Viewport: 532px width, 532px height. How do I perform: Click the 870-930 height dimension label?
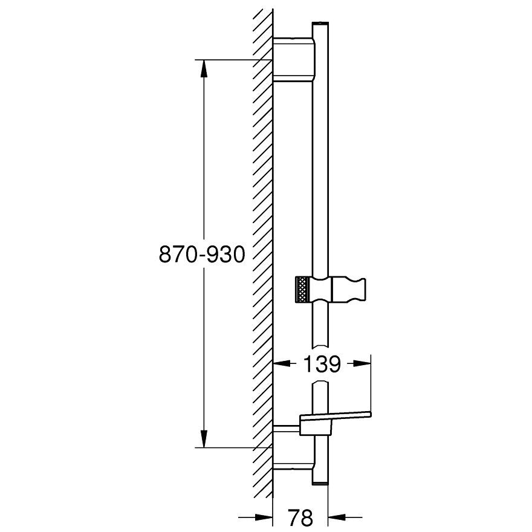(x=201, y=254)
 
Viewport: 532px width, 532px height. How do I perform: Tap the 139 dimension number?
(x=321, y=364)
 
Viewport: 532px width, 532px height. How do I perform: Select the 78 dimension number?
(x=300, y=517)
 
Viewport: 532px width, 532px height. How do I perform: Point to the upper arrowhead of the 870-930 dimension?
(x=204, y=69)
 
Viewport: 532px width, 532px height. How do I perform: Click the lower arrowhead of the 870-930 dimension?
(x=204, y=439)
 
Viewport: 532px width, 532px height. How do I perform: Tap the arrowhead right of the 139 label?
(x=362, y=363)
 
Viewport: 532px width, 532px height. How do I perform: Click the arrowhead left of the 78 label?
(x=264, y=517)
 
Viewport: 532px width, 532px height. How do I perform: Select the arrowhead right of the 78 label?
(x=337, y=517)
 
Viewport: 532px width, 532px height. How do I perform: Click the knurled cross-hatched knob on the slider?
(x=302, y=289)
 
